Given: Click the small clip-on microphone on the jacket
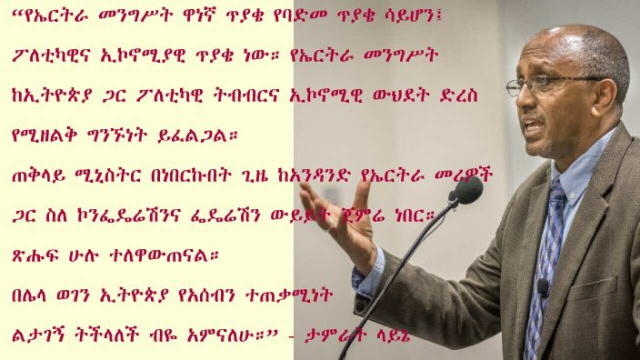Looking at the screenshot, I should point(542,287).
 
